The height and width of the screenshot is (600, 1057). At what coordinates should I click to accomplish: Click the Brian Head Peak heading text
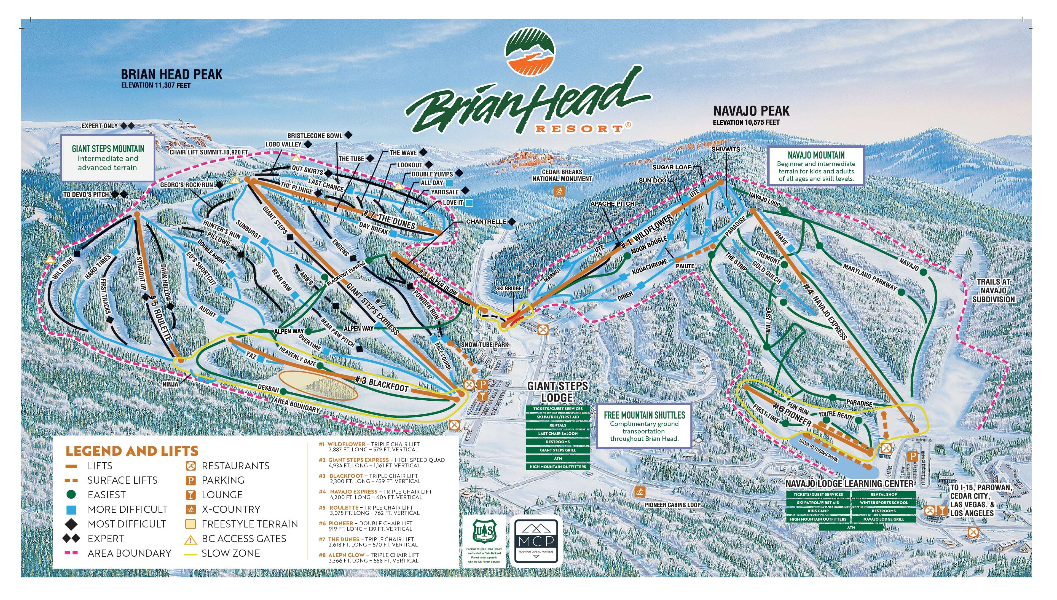point(171,75)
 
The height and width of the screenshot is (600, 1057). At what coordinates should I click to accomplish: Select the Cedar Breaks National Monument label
point(562,175)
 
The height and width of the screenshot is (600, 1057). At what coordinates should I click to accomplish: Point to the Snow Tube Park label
point(484,344)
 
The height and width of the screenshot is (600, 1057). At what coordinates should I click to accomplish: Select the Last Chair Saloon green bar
point(558,433)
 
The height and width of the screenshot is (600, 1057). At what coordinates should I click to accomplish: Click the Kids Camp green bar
point(818,511)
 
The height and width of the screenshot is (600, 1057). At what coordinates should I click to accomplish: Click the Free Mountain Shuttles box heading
point(644,415)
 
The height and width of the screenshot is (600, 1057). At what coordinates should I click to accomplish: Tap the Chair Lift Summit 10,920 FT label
point(209,152)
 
